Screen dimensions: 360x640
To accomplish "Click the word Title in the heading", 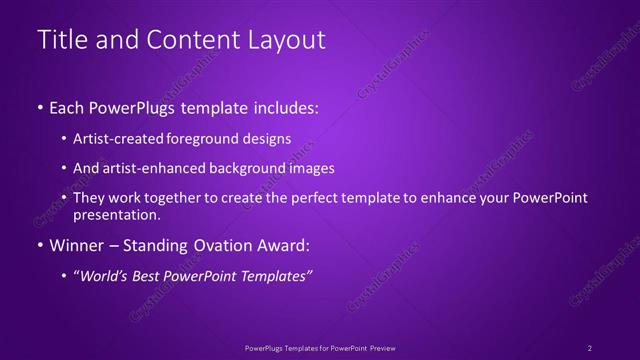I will coord(58,40).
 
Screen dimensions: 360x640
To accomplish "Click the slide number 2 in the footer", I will coord(590,347).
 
